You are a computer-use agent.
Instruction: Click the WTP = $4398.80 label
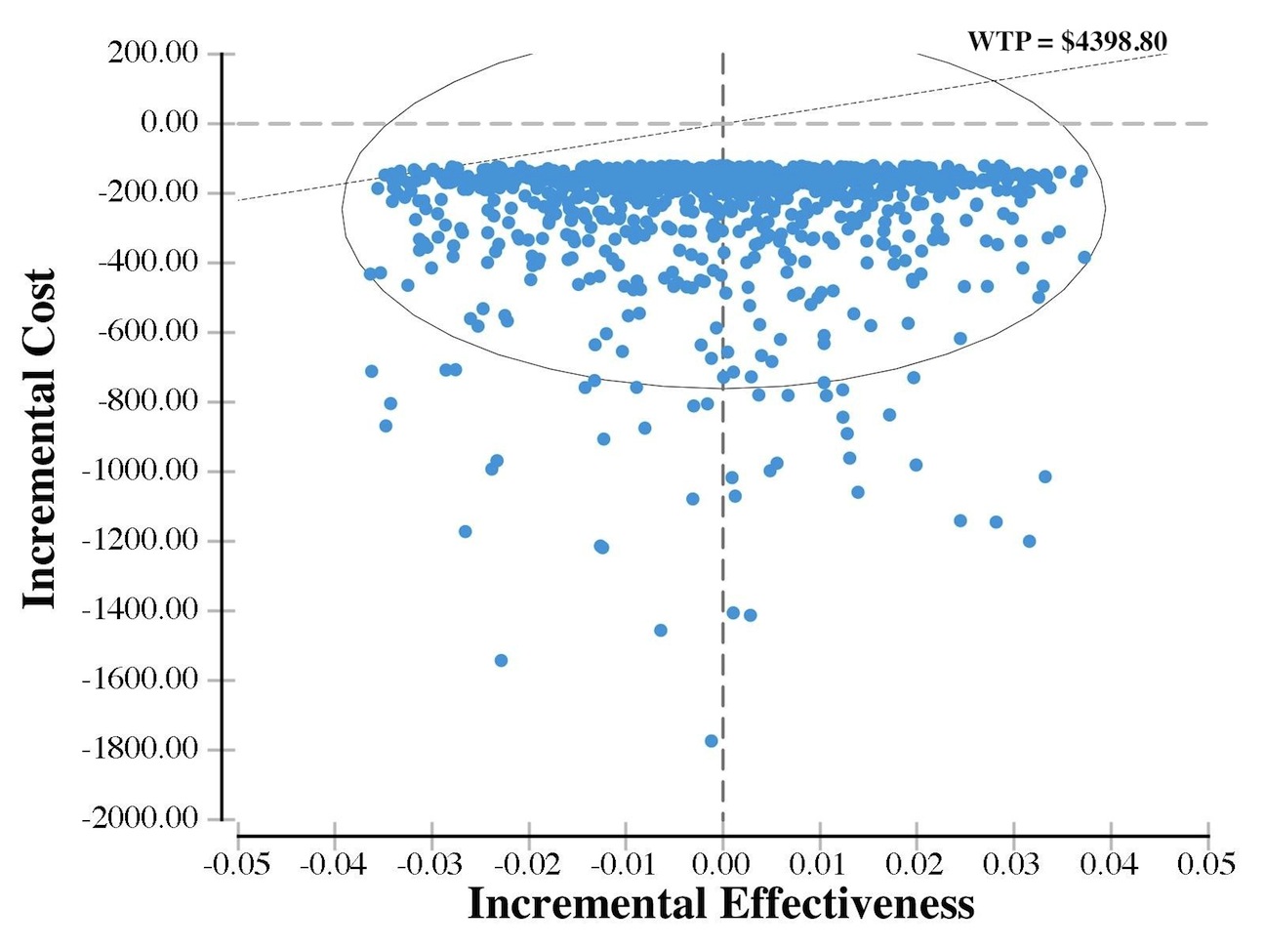tap(1067, 41)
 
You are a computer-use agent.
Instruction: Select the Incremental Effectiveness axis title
tap(720, 903)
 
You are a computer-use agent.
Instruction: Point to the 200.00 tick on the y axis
tap(153, 53)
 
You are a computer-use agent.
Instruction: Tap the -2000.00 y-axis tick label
tap(141, 818)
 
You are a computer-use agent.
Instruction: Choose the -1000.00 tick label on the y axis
tap(141, 471)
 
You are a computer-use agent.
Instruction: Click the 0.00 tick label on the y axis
tap(169, 123)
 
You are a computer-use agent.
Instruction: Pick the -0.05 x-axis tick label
tap(237, 864)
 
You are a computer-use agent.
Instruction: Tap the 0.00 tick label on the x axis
tap(722, 864)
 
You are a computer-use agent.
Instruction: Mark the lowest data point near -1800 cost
tap(711, 741)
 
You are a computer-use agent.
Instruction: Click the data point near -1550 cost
tap(501, 660)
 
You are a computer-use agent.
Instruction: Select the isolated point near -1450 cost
tap(661, 630)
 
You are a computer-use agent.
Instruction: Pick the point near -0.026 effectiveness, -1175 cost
tap(465, 531)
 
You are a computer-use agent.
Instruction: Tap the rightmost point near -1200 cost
tap(1029, 541)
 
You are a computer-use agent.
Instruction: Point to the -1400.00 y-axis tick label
tap(141, 610)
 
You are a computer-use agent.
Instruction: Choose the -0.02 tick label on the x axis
tap(528, 864)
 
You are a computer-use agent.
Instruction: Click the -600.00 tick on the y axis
tap(147, 332)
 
